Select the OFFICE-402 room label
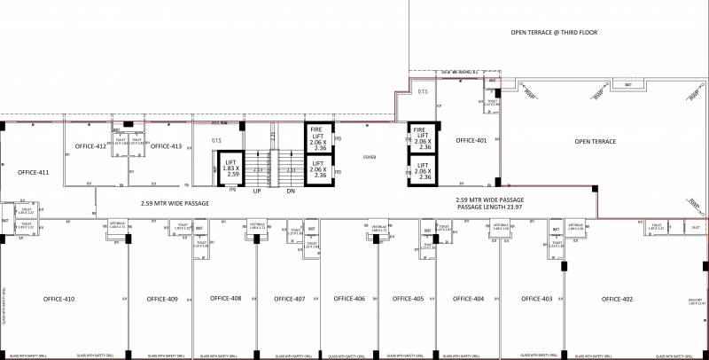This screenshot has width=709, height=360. click(x=617, y=299)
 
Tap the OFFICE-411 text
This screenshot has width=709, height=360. click(x=33, y=173)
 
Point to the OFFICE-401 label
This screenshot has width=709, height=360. click(x=471, y=141)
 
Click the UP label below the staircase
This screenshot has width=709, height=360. click(x=256, y=191)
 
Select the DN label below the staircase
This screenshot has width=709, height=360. click(x=290, y=191)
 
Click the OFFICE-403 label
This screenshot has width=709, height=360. click(x=536, y=299)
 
